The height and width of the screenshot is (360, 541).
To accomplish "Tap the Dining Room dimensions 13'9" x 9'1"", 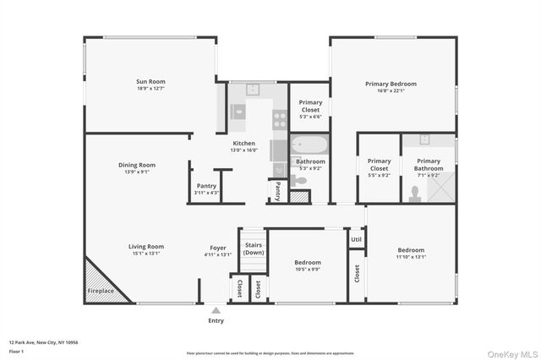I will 136,172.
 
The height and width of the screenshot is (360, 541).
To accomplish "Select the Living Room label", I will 146,247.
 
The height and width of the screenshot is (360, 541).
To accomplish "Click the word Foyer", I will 218,247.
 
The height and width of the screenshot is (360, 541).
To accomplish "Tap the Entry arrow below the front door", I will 216,310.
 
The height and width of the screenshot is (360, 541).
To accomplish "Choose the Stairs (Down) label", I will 254,248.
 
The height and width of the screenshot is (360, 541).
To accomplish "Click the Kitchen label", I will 243,144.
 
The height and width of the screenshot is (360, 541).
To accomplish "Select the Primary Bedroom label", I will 391,84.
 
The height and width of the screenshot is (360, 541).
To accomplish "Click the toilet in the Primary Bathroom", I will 415,194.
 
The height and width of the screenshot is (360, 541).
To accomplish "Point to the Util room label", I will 356,240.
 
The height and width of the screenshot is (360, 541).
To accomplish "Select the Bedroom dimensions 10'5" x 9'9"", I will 308,270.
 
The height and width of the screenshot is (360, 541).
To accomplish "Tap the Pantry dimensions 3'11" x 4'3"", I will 206,193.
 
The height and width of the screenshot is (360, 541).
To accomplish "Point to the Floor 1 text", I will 17,350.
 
